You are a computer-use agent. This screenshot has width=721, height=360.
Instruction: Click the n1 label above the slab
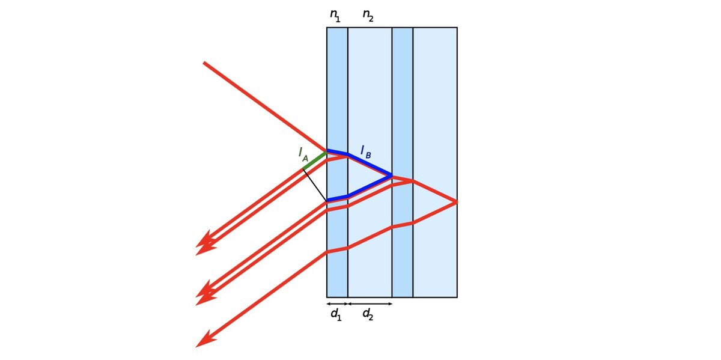(x=335, y=16)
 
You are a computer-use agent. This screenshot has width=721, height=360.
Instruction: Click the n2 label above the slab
(x=368, y=16)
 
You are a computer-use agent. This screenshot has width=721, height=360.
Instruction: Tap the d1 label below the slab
(x=336, y=314)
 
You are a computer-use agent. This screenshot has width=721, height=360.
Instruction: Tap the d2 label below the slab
(x=368, y=314)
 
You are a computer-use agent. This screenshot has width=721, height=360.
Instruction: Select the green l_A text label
(x=303, y=154)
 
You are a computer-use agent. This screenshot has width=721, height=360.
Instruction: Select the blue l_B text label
(x=366, y=151)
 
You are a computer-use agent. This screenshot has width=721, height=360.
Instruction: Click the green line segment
(x=315, y=160)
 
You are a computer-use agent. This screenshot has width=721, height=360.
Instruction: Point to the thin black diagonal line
(x=315, y=185)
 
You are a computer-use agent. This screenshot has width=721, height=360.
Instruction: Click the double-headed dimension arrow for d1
(x=337, y=304)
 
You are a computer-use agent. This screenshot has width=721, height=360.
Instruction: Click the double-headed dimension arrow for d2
(x=370, y=304)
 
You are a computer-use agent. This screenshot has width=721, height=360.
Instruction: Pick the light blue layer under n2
(x=370, y=97)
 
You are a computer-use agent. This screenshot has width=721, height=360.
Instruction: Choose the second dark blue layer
(x=403, y=97)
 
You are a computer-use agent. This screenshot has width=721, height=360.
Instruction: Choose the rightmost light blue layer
(x=435, y=97)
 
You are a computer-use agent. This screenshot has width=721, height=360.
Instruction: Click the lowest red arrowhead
(x=204, y=340)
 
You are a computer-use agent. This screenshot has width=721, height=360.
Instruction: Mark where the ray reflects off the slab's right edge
(x=457, y=202)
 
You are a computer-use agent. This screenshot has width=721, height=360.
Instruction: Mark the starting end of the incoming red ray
(x=204, y=63)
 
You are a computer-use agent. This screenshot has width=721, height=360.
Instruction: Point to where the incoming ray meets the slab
(x=327, y=151)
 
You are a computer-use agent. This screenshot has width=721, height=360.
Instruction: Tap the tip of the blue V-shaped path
(x=392, y=176)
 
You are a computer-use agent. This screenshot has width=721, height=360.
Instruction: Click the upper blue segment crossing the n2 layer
(x=370, y=165)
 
